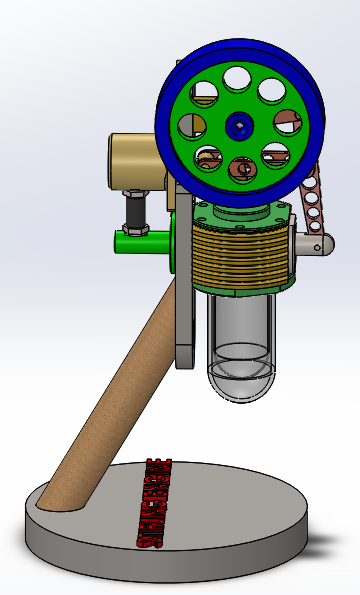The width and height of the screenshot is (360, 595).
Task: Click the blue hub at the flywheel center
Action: [x=238, y=126]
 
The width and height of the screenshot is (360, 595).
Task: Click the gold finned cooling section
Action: [x=240, y=256]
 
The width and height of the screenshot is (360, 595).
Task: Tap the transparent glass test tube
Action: [x=240, y=330]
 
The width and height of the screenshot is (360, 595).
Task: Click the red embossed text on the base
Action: [x=158, y=505]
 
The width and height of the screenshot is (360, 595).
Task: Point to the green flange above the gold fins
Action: [x=240, y=213]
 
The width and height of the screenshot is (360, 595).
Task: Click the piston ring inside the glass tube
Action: [x=240, y=352]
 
